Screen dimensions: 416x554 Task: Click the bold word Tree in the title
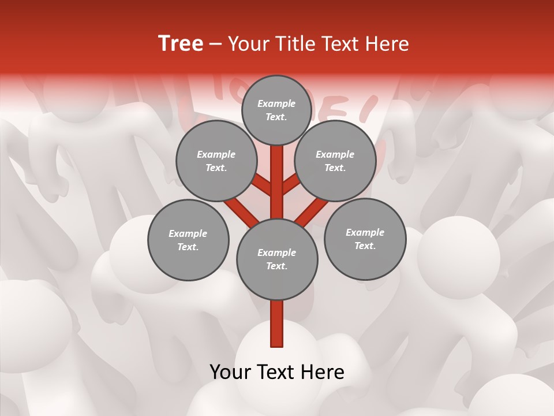[181, 44]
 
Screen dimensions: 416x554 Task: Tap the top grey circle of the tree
[276, 110]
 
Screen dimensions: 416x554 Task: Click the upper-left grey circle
[216, 161]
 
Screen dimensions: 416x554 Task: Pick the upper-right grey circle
[335, 161]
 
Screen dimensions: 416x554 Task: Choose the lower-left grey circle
[188, 240]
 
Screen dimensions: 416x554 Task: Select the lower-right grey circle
[365, 239]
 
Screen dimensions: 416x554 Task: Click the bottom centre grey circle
[277, 259]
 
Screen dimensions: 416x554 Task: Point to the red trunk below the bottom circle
[277, 324]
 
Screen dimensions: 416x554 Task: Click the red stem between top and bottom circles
[277, 182]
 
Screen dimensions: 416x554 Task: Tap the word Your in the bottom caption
[231, 372]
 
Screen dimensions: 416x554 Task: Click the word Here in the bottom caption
[323, 372]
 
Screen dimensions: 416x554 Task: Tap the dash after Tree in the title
[216, 44]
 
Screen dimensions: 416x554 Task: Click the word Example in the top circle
[276, 104]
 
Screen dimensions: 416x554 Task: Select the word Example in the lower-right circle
[365, 232]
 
